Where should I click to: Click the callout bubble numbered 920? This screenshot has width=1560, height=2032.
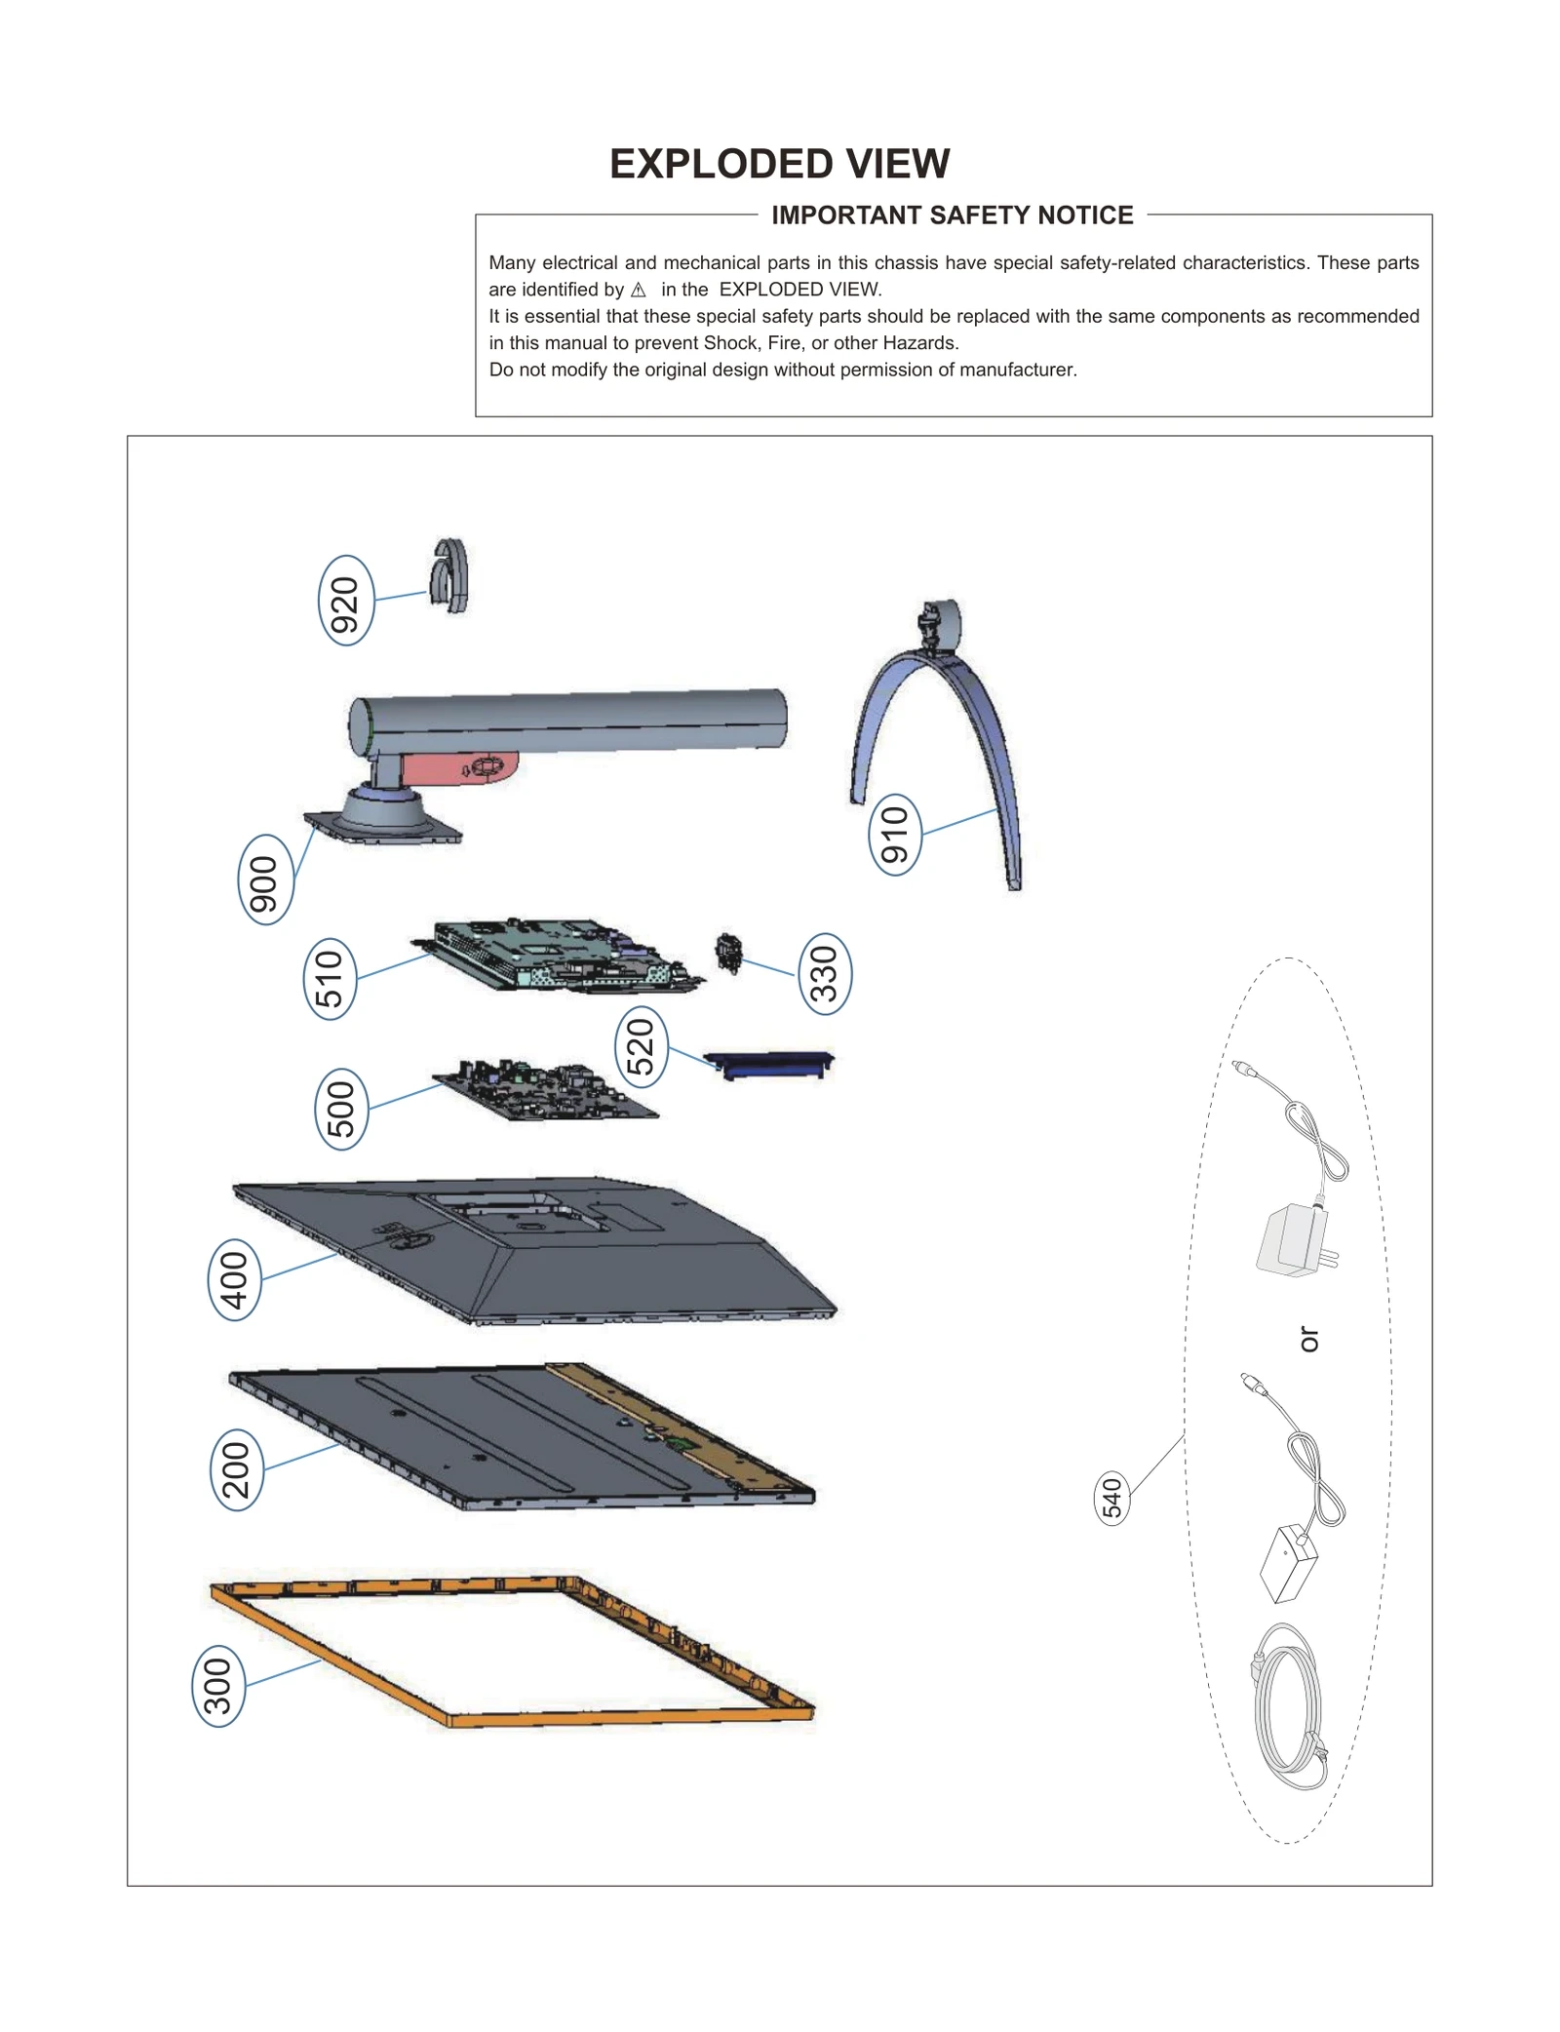click(x=346, y=600)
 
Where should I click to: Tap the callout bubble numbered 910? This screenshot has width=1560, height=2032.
click(x=895, y=835)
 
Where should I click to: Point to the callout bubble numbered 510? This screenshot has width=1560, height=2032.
click(x=331, y=978)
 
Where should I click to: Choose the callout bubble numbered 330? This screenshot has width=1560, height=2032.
click(x=825, y=973)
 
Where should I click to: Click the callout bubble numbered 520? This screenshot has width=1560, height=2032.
click(x=642, y=1047)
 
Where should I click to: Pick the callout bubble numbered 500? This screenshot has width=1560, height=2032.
click(x=341, y=1109)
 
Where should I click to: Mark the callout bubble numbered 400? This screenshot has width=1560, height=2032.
click(x=235, y=1279)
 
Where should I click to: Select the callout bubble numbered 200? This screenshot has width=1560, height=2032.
click(x=237, y=1469)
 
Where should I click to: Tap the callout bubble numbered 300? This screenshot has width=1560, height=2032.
click(x=218, y=1686)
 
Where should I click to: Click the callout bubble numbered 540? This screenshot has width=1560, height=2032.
click(x=1112, y=1498)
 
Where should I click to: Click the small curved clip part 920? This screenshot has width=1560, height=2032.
click(x=450, y=575)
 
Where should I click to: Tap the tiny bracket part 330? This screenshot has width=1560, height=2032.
click(x=728, y=953)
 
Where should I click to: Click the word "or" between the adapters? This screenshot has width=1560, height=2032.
click(x=1309, y=1339)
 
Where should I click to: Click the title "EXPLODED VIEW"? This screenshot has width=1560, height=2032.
click(x=779, y=164)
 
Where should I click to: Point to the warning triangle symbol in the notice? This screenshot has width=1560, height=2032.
click(x=639, y=291)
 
